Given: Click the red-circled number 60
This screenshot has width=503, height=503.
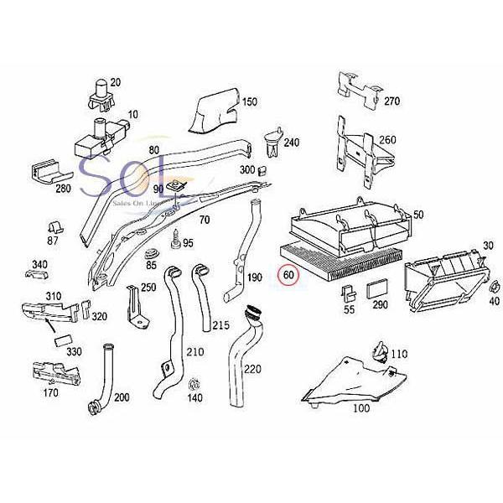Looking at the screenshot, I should point(288,275).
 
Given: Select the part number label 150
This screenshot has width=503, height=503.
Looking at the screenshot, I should point(250,102).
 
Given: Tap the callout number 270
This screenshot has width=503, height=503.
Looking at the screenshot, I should point(392,101).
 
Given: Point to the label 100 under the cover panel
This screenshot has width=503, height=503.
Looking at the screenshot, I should point(361,409).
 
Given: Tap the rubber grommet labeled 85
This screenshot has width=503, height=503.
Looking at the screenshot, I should point(152,253).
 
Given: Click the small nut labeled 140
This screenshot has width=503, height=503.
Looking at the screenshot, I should point(194,384).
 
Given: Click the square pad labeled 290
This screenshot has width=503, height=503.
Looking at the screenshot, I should point(376,289).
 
